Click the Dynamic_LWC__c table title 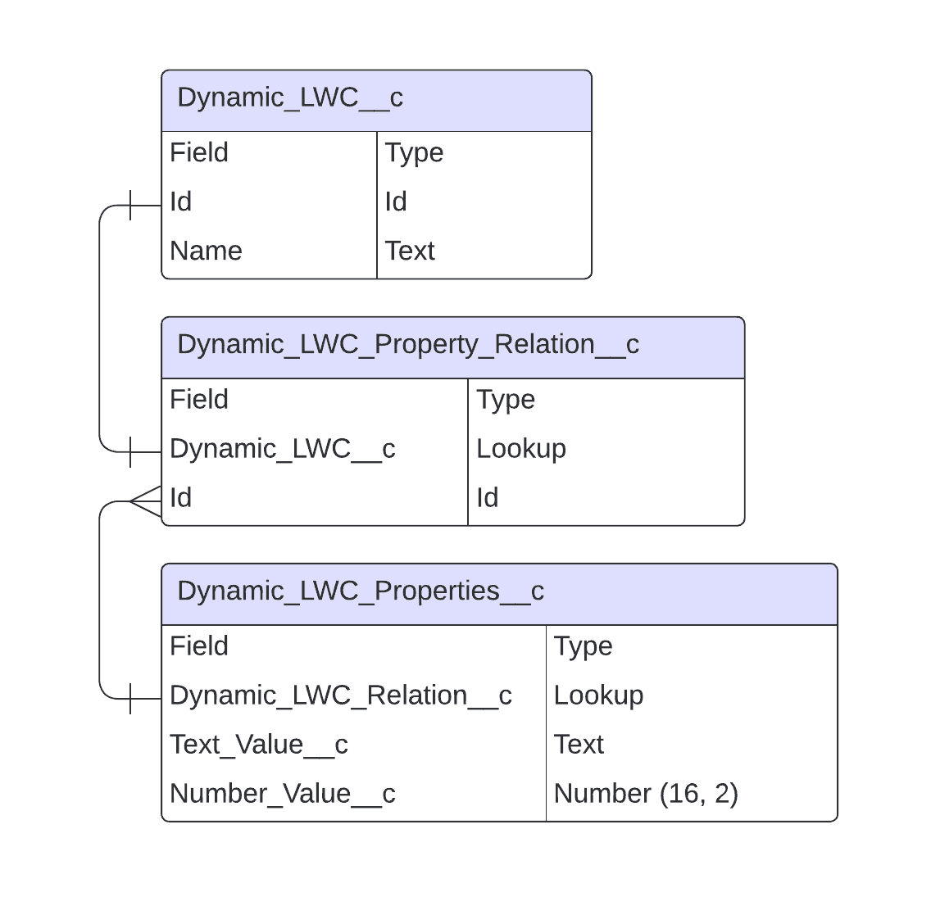click(x=290, y=98)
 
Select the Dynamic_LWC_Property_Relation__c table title click(x=408, y=345)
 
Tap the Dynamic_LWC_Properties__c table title click(x=361, y=591)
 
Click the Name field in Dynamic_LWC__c click(x=206, y=251)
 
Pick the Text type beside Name click(x=410, y=251)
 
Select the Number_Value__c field click(x=283, y=794)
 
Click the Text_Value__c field click(x=259, y=745)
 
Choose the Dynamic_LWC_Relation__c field click(x=341, y=695)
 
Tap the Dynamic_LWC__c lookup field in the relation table click(x=283, y=449)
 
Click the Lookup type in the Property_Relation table click(x=521, y=450)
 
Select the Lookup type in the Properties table click(x=598, y=695)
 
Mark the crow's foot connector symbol click(x=146, y=501)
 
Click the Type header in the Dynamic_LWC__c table click(x=414, y=153)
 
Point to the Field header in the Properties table click(x=199, y=646)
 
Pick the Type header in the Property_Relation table click(x=506, y=400)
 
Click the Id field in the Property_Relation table click(x=180, y=498)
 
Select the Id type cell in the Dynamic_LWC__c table click(x=396, y=202)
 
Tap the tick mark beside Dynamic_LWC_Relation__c click(x=130, y=699)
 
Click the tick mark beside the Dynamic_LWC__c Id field click(x=130, y=206)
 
